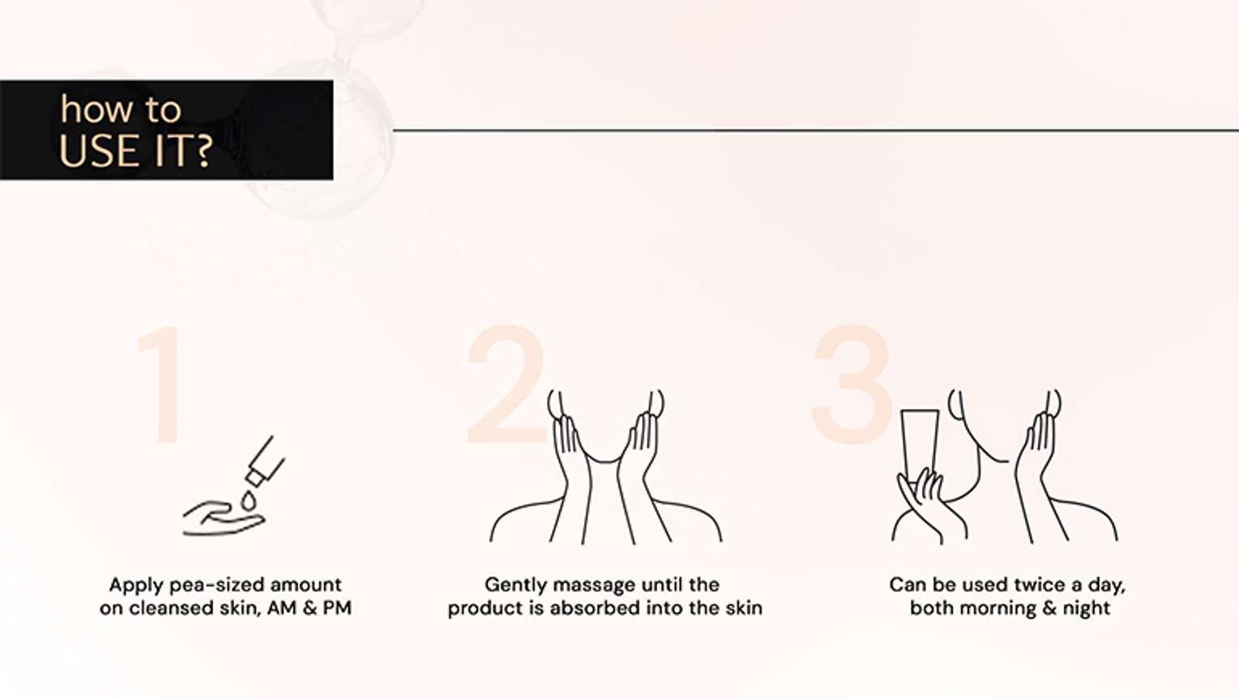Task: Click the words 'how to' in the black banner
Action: pos(121,109)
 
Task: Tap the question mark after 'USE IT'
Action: pos(203,151)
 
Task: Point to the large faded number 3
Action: pos(852,384)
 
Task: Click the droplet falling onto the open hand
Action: pos(248,501)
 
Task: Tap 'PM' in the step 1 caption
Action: pos(337,607)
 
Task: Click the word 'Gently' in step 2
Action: pos(515,585)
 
